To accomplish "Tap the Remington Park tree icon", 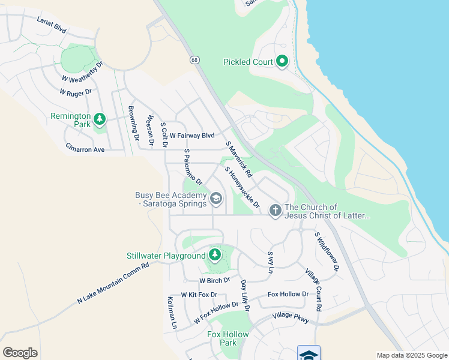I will click(100, 120).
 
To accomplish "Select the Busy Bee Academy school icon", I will click(215, 199).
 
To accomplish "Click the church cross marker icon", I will click(275, 211).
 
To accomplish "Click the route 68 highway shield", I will click(194, 60).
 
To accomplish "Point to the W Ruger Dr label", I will click(75, 92).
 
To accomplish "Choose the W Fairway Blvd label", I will click(191, 136).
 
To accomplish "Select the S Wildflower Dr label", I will click(327, 251).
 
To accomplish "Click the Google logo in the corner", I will click(20, 353).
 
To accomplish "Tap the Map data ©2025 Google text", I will click(411, 355).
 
